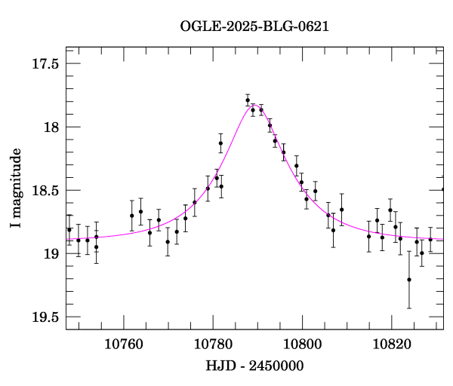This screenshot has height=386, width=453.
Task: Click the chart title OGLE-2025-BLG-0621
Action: [x=254, y=26]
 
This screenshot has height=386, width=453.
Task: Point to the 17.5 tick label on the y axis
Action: [x=45, y=64]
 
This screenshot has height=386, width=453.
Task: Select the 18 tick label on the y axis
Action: [x=51, y=127]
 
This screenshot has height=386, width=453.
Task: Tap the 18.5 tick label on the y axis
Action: [x=45, y=191]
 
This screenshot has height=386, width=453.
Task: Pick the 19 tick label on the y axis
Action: [x=51, y=254]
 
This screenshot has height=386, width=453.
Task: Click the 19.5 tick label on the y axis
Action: [x=45, y=317]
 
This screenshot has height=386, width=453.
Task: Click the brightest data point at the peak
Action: [x=248, y=100]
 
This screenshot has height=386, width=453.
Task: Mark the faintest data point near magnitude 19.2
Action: [x=409, y=280]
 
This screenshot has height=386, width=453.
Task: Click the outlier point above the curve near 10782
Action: [x=220, y=143]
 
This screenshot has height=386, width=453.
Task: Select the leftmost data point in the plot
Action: [x=69, y=229]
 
